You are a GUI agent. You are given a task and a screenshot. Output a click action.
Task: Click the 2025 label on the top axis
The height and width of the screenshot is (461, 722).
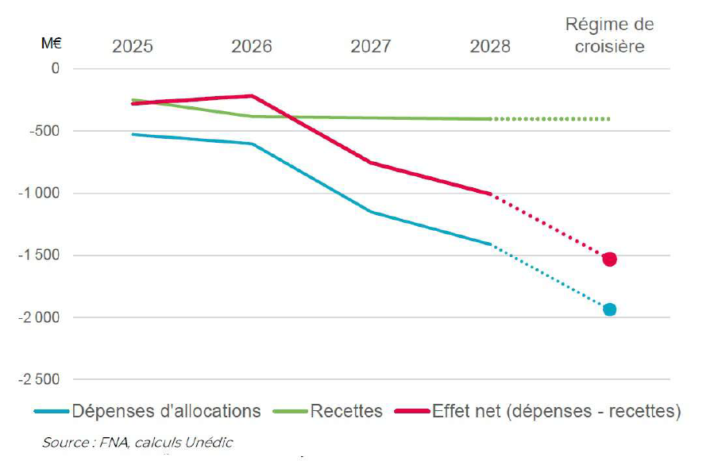tap(132, 46)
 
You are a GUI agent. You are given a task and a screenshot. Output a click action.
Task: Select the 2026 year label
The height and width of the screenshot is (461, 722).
tap(251, 46)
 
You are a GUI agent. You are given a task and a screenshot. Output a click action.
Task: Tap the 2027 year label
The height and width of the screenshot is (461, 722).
tap(370, 46)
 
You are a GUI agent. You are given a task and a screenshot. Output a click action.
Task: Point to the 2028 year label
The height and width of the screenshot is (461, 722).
tap(490, 46)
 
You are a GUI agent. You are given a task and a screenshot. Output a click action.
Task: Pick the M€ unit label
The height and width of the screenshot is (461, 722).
tap(52, 44)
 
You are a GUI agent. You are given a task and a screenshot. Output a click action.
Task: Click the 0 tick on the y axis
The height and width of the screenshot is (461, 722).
tap(56, 69)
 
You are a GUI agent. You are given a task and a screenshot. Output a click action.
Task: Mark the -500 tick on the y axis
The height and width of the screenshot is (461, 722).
tap(44, 131)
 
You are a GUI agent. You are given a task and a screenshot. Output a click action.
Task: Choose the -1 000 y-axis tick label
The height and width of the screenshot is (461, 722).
tap(38, 194)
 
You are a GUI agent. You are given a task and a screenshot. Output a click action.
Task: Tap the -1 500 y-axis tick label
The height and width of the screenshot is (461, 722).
tap(38, 255)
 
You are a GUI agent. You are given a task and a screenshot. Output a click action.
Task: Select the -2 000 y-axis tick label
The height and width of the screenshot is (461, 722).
tap(38, 317)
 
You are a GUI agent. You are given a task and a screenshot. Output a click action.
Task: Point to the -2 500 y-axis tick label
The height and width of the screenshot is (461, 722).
tap(38, 379)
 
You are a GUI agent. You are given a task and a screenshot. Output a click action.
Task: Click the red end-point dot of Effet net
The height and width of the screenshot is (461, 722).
tap(609, 259)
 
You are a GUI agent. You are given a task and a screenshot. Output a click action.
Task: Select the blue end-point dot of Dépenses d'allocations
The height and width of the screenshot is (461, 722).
tap(609, 309)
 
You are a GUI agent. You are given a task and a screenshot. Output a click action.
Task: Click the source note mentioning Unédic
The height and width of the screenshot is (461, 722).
tap(137, 442)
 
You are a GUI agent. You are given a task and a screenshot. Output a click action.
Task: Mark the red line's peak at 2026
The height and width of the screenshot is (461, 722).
tap(251, 96)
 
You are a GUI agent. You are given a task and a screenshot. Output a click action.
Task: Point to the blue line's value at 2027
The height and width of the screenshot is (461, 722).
tap(370, 212)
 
